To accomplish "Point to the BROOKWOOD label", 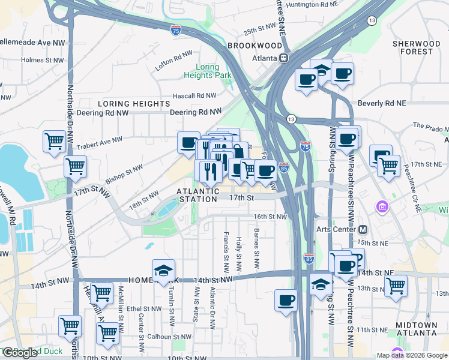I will (255, 46).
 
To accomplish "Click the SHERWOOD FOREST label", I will (420, 47).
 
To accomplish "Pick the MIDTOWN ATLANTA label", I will (416, 328).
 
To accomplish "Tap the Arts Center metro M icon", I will (363, 229).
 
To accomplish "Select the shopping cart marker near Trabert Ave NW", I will (54, 142).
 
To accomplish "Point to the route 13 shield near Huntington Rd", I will (372, 20).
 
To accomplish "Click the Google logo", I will (20, 353).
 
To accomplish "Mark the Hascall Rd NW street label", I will (194, 95).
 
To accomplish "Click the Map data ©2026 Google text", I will (412, 355).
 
